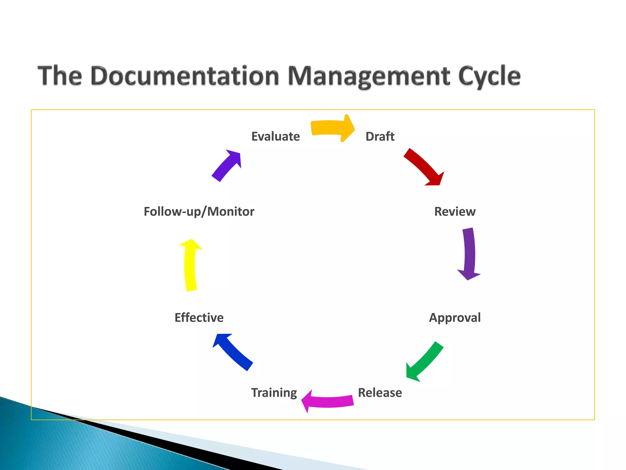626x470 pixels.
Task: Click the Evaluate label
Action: [x=275, y=136]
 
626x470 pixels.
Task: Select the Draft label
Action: [x=380, y=136]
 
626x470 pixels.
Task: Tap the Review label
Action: [x=455, y=211]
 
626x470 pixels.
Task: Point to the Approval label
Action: [x=455, y=318]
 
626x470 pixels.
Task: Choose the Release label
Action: [x=380, y=393]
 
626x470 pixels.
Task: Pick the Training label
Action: [x=274, y=393]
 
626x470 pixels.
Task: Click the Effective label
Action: [x=199, y=318]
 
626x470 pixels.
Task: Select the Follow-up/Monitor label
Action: [x=199, y=211]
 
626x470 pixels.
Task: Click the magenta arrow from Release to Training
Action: [x=329, y=401]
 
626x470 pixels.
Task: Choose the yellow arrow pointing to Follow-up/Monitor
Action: [x=190, y=265]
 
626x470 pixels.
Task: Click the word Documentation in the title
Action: [x=185, y=76]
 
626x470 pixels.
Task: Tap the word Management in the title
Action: [x=369, y=76]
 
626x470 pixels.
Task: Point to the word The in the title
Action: [x=60, y=76]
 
